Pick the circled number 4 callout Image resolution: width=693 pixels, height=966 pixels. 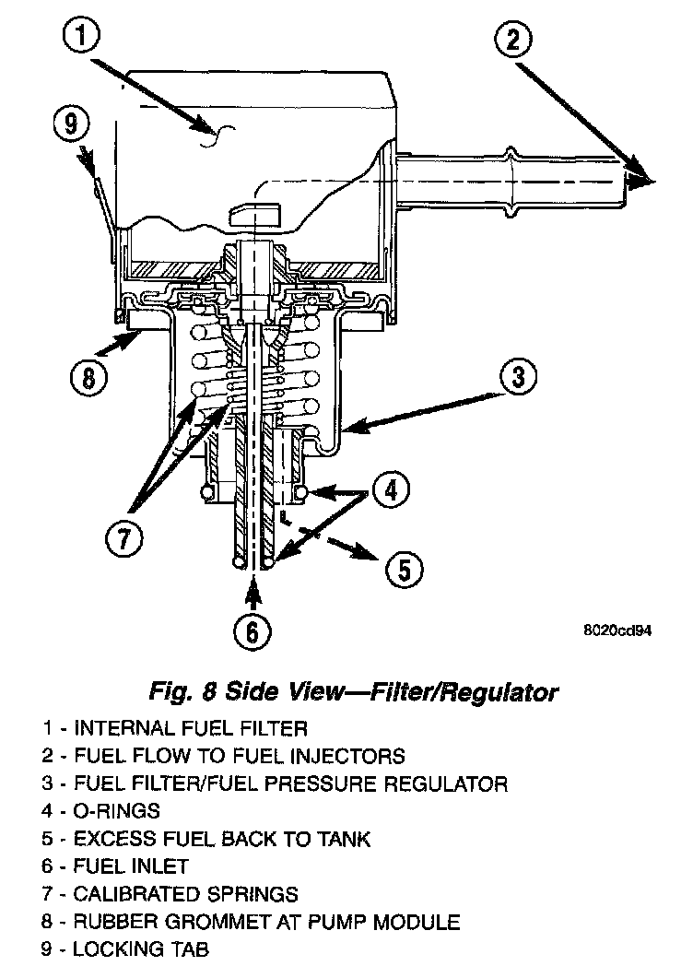point(392,491)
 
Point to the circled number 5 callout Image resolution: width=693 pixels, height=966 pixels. point(402,569)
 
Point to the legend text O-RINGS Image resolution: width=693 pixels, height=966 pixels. point(117,812)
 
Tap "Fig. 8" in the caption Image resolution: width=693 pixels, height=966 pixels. point(176,690)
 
